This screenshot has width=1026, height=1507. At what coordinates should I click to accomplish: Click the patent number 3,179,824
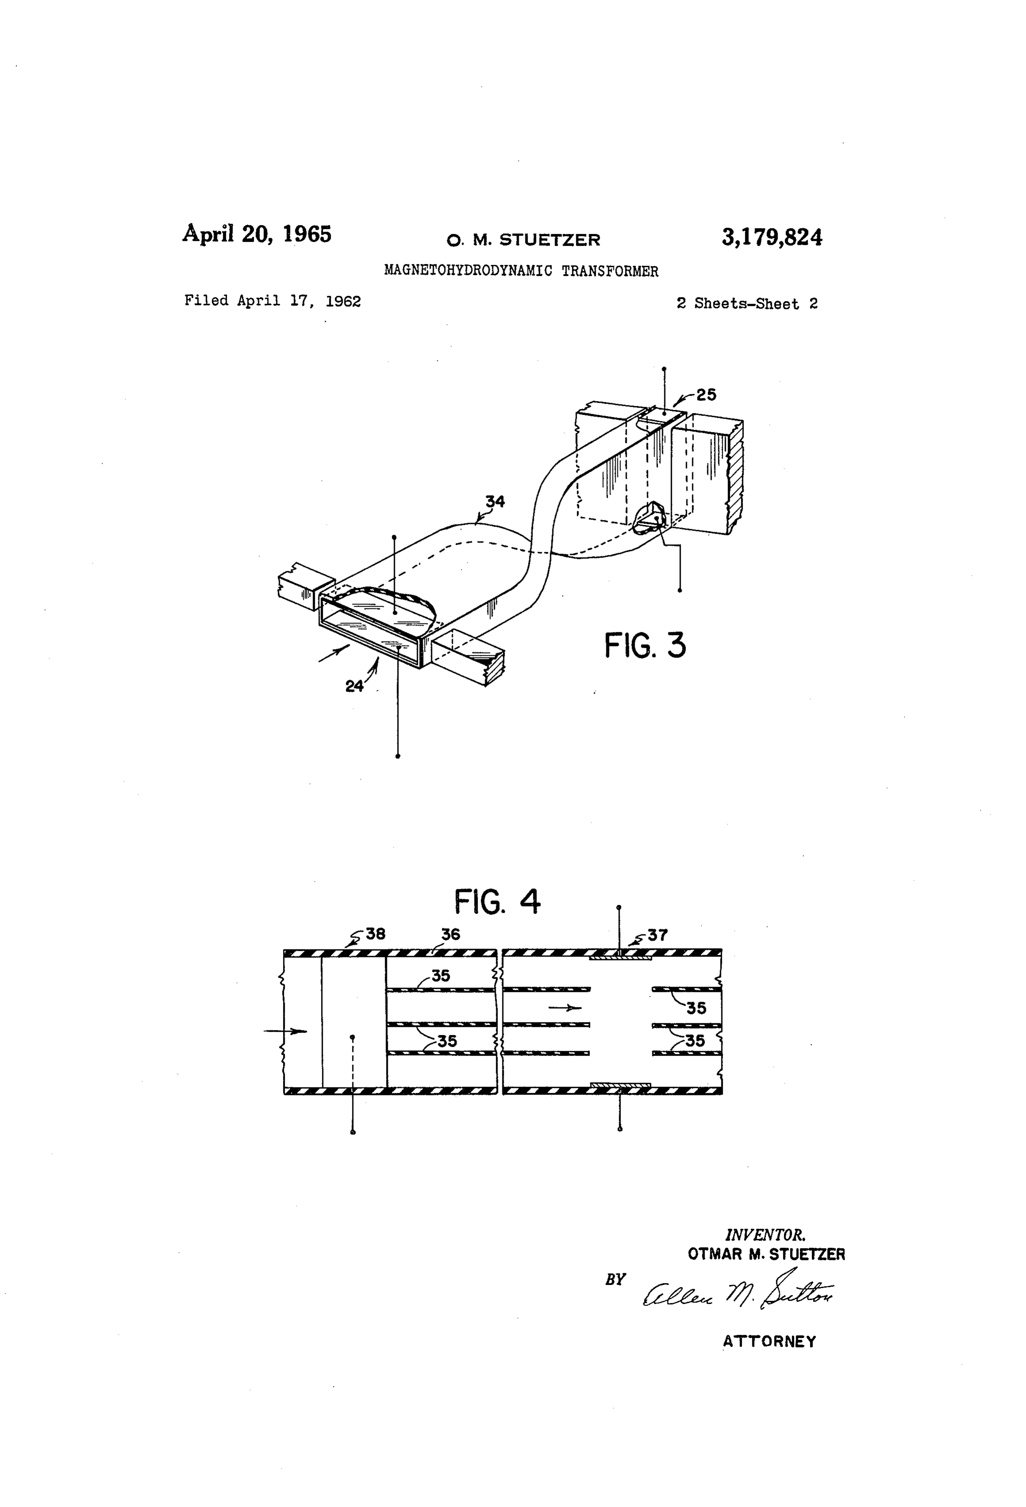pos(772,238)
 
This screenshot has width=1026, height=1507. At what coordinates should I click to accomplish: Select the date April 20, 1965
pos(257,233)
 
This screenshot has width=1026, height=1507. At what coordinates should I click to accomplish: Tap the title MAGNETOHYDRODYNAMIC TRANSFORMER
pos(521,271)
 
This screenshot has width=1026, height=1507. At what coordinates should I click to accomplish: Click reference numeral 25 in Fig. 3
pos(706,394)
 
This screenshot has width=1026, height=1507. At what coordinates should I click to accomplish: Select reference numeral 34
pos(495,501)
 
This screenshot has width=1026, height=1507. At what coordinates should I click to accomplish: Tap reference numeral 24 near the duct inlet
pos(354,686)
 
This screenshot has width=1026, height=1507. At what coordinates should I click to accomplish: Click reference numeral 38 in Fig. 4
pos(375,934)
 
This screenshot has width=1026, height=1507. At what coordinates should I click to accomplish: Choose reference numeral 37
pos(658,935)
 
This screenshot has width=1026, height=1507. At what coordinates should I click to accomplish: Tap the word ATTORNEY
pos(770,1342)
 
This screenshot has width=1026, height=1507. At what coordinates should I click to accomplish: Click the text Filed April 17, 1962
pos(272,301)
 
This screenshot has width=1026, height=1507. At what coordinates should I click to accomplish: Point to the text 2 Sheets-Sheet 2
pos(747,303)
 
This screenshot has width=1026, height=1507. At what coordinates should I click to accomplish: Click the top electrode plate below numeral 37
pos(620,956)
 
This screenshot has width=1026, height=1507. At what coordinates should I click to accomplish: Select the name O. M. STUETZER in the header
pos(523,241)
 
